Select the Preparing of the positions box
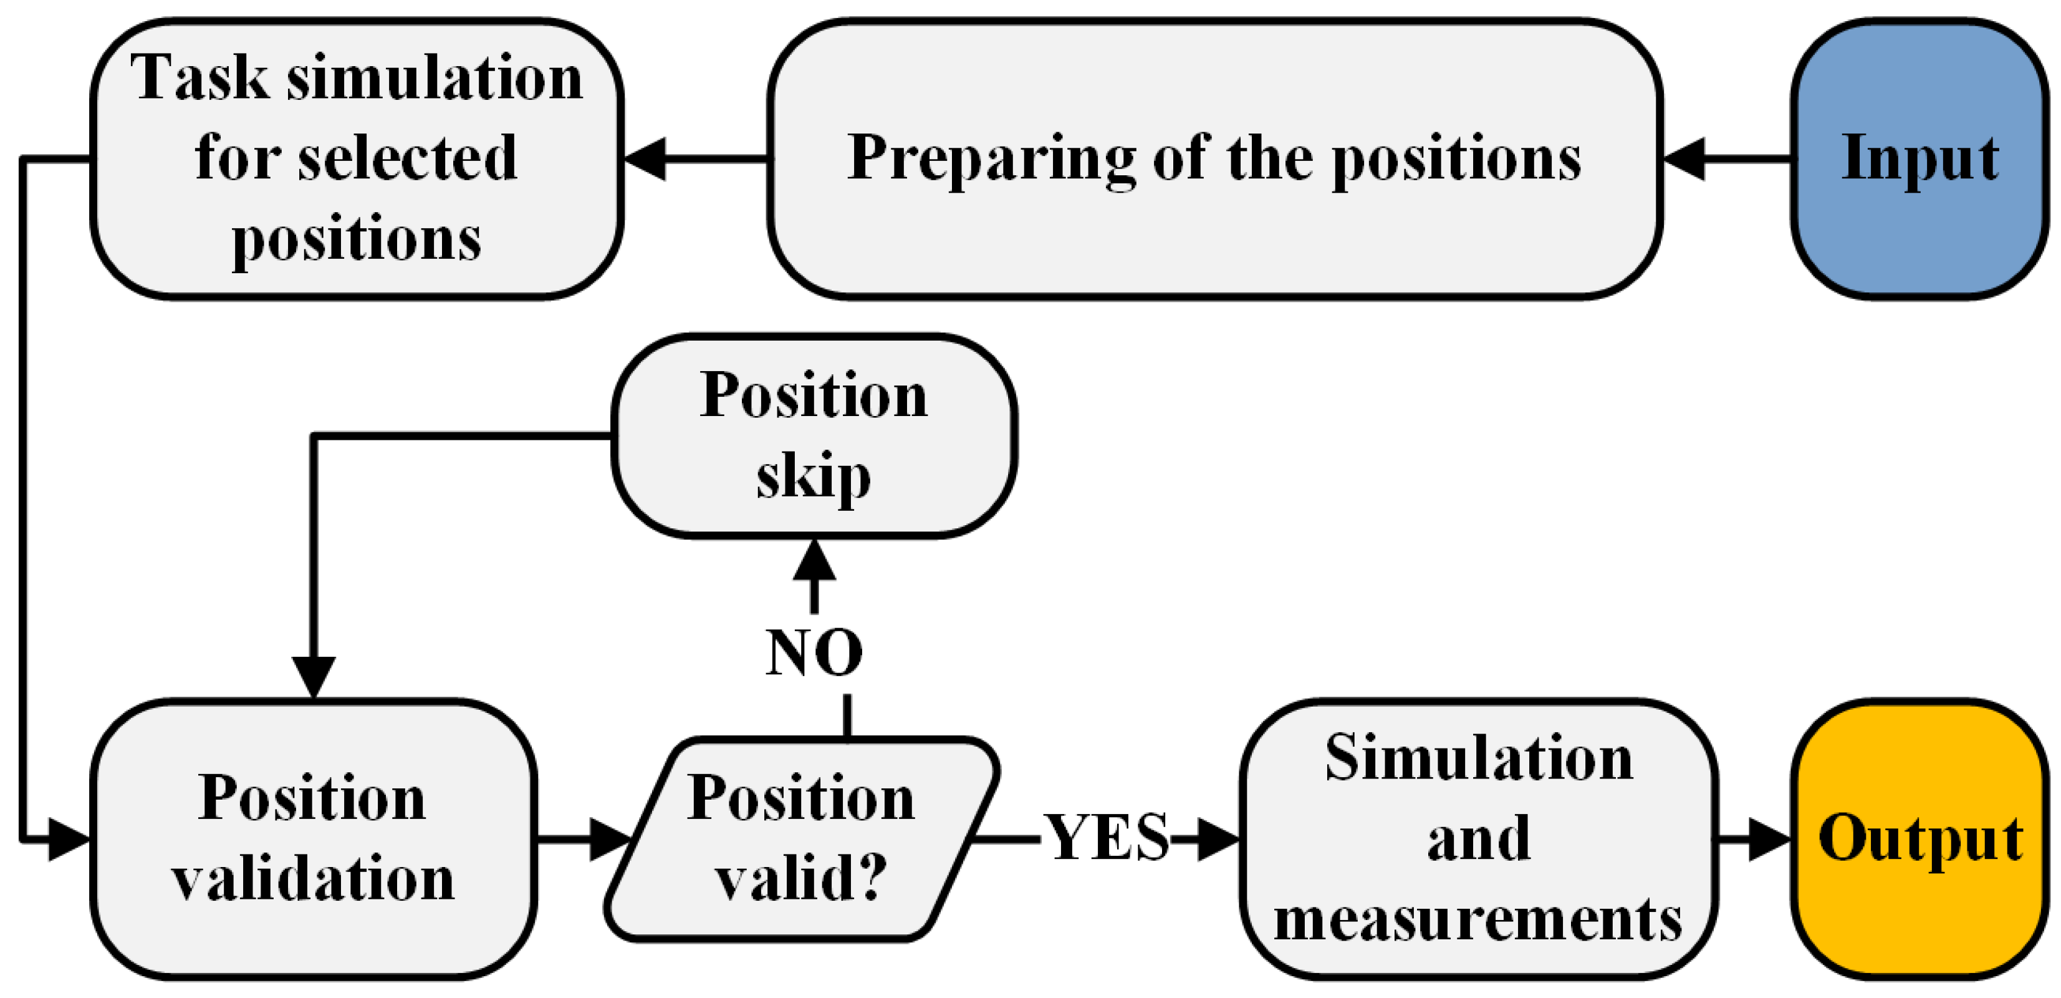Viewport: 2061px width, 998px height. point(1214,158)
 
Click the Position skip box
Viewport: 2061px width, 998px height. point(814,436)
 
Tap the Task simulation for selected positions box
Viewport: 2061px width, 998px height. point(357,158)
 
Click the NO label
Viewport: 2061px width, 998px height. point(814,652)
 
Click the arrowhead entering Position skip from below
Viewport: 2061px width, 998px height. point(814,560)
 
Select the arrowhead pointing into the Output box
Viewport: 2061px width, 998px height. point(1770,839)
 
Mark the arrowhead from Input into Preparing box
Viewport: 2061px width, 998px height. point(1684,158)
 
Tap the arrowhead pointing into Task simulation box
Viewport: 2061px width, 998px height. point(645,158)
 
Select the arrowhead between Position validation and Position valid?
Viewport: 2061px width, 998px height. point(610,839)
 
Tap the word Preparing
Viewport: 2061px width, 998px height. point(991,158)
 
